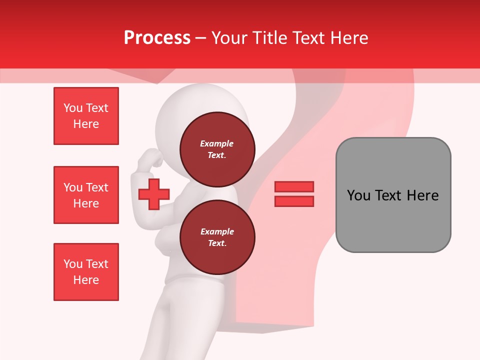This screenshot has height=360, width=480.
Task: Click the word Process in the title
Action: (157, 37)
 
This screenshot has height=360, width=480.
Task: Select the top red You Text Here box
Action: (86, 116)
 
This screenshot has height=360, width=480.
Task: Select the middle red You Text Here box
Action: (86, 195)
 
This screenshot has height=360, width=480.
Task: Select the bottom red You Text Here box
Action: (86, 272)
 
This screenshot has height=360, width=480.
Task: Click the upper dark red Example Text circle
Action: (217, 149)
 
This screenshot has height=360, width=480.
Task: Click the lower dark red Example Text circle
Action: (217, 237)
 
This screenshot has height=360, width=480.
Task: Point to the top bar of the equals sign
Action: (294, 186)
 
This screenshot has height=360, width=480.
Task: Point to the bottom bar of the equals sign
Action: (294, 201)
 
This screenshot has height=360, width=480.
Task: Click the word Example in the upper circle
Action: (217, 143)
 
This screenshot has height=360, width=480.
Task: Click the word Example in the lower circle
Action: (217, 231)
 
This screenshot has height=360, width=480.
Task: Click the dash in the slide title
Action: (200, 38)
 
